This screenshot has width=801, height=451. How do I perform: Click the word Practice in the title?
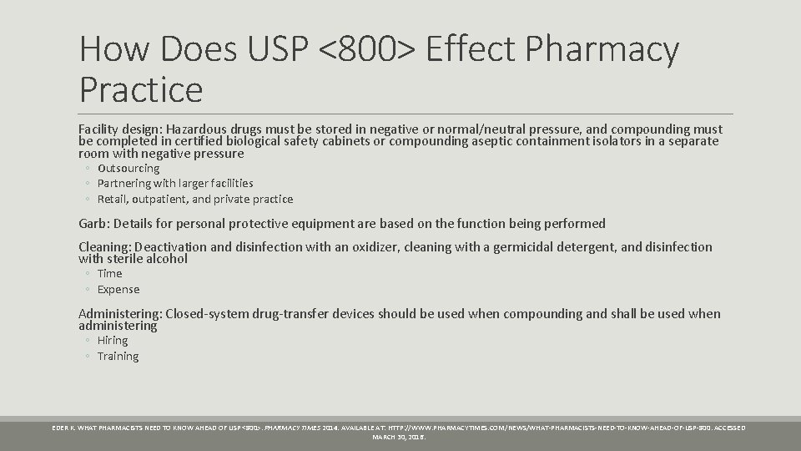(x=141, y=89)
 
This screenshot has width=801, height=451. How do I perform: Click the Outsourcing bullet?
(x=128, y=168)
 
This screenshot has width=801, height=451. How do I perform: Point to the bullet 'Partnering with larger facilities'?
(x=175, y=183)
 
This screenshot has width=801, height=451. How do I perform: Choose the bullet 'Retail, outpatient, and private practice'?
(x=195, y=199)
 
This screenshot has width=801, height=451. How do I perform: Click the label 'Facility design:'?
(x=120, y=129)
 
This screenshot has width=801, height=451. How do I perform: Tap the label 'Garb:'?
(x=94, y=223)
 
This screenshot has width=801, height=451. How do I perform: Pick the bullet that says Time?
(x=109, y=273)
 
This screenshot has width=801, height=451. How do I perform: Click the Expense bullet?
(x=118, y=289)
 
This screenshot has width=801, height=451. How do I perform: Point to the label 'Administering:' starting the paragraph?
(x=120, y=314)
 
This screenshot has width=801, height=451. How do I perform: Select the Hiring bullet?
(x=113, y=340)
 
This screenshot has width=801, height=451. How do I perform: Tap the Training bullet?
(x=118, y=356)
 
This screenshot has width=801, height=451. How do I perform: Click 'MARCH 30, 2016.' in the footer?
(x=399, y=437)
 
